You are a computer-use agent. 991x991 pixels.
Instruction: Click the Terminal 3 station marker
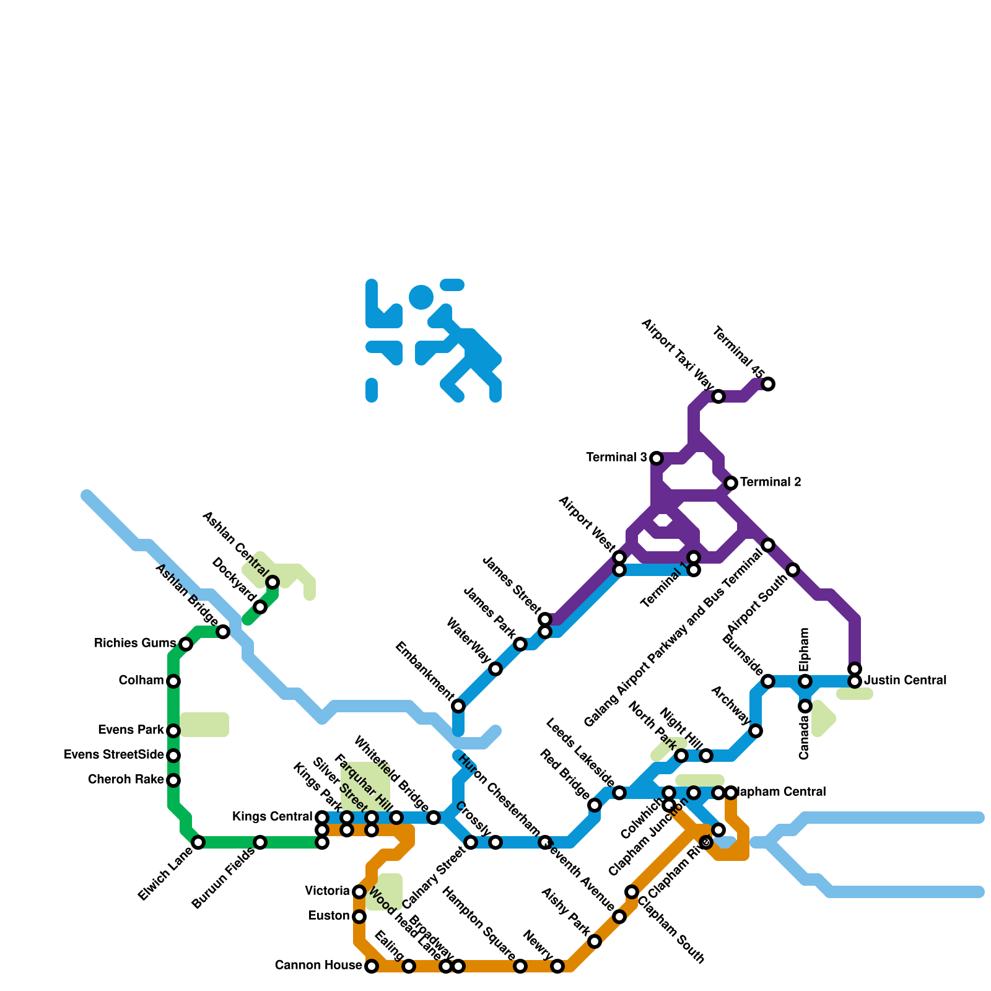[x=657, y=458]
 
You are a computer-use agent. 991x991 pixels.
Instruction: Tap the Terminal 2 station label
[x=771, y=482]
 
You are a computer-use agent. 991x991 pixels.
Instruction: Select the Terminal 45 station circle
[x=768, y=384]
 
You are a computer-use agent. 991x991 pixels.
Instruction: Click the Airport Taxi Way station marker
[x=718, y=396]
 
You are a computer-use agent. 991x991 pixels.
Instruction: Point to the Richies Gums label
[x=134, y=644]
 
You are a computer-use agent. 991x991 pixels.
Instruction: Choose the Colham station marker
[x=173, y=681]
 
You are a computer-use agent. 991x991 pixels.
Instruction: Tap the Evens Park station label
[x=131, y=730]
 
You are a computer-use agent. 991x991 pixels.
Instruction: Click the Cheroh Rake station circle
[x=173, y=780]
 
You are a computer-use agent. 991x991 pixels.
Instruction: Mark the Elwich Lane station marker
[x=198, y=842]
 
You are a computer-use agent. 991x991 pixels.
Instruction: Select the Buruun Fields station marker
[x=260, y=842]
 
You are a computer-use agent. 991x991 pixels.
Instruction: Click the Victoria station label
[x=327, y=891]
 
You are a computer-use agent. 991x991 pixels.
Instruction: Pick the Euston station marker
[x=359, y=917]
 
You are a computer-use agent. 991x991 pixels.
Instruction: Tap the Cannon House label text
[x=318, y=966]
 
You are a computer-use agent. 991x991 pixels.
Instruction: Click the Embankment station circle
[x=458, y=706]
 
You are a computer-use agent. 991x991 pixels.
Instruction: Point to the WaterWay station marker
[x=495, y=669]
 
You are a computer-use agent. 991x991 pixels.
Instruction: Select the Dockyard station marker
[x=260, y=607]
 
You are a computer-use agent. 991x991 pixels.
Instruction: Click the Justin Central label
[x=905, y=681]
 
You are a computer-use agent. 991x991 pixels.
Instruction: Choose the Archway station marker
[x=756, y=731]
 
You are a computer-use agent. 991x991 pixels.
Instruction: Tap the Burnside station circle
[x=768, y=681]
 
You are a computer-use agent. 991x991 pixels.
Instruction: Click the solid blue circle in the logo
[x=421, y=297]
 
